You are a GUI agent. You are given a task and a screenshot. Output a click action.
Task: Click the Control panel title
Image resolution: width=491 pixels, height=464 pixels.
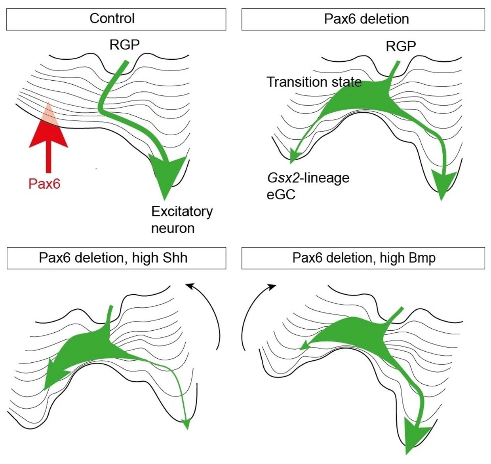point(112,19)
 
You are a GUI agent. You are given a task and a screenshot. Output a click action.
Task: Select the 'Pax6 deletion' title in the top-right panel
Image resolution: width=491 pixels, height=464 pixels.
point(366,19)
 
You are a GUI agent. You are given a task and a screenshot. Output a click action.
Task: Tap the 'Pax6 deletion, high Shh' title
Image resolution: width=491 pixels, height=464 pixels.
point(113,258)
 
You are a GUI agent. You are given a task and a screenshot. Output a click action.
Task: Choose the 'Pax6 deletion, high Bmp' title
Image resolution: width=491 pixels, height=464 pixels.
point(364,258)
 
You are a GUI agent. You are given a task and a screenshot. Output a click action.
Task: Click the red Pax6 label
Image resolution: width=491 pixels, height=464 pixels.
point(44,184)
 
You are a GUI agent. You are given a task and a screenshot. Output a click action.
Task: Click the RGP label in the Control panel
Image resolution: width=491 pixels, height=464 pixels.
point(124,45)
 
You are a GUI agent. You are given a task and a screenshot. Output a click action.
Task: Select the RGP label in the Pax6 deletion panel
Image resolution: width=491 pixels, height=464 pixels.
point(401,47)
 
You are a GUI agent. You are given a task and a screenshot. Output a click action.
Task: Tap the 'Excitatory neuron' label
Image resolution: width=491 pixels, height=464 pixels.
point(182,220)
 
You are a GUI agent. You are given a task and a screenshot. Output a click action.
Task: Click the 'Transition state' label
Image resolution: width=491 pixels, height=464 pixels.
point(314,82)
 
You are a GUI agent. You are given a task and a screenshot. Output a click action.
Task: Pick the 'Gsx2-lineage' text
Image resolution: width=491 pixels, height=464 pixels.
point(308,178)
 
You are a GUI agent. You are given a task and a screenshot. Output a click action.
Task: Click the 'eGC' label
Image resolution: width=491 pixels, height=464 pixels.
point(281,195)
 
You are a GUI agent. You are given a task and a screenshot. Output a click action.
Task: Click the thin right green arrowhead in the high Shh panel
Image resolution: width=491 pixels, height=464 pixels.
point(187,424)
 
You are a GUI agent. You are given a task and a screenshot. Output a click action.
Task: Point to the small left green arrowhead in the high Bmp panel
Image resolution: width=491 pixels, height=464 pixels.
point(304,346)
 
